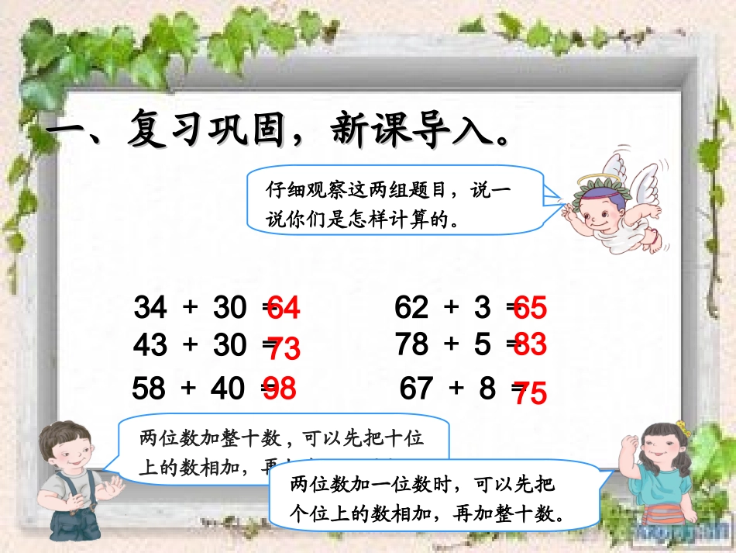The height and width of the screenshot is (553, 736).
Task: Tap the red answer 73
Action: click(284, 351)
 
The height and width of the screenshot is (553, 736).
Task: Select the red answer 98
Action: click(280, 389)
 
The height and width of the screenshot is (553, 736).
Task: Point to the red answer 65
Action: click(531, 309)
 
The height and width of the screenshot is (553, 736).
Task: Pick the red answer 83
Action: click(530, 344)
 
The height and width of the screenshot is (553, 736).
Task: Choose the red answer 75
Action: click(530, 394)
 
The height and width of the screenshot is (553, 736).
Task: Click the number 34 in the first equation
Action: click(150, 308)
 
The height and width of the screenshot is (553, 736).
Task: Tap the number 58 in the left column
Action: click(149, 388)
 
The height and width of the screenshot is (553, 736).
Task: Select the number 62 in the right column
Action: click(411, 308)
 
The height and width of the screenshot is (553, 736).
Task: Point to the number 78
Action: click(412, 343)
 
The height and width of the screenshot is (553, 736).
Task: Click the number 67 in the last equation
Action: click(416, 388)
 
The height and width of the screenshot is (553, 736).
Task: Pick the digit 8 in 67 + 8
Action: click(487, 388)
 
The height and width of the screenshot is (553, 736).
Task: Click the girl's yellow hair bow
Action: click(682, 427)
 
